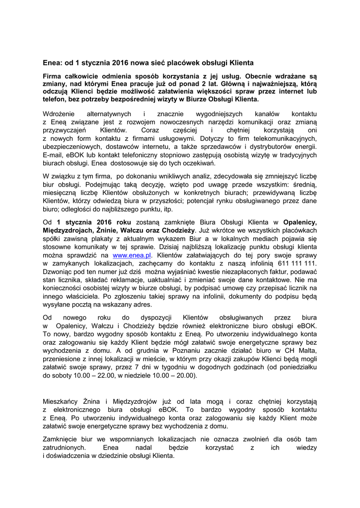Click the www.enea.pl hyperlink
[132, 254]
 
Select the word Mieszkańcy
[62, 400]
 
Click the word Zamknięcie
[61, 439]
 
